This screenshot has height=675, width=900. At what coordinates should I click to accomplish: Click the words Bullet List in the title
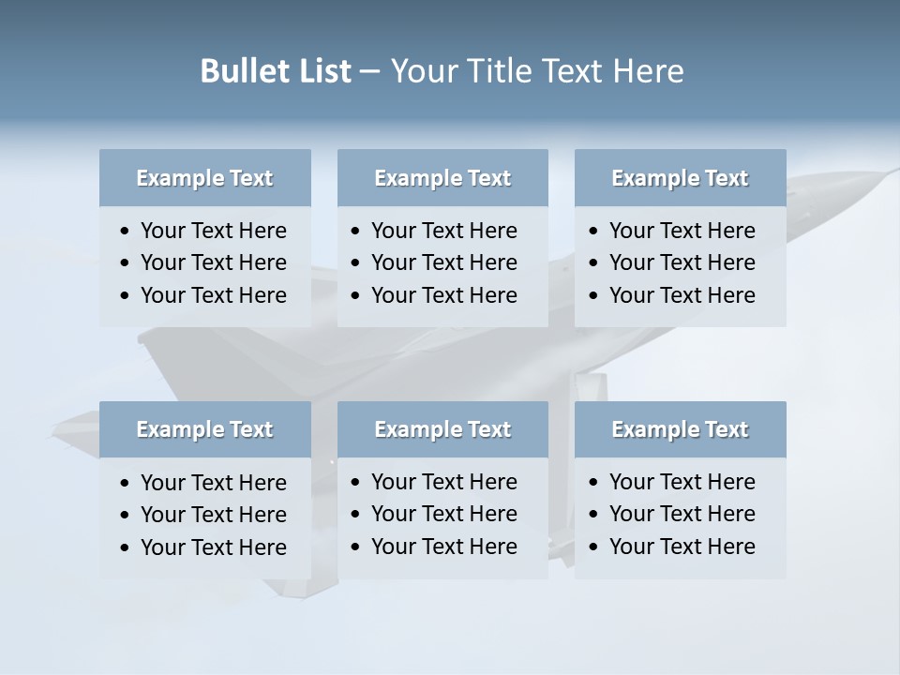click(x=276, y=71)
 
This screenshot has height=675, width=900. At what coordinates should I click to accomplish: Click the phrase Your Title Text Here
click(x=537, y=71)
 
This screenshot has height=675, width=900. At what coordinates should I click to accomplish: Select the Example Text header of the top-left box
click(x=204, y=178)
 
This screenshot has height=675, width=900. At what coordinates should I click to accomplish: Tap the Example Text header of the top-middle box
click(x=442, y=178)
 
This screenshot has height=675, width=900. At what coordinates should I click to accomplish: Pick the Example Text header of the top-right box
click(x=680, y=178)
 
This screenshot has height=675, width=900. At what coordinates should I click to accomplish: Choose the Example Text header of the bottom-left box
click(x=204, y=429)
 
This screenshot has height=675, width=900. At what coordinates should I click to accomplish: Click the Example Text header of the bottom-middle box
click(x=442, y=429)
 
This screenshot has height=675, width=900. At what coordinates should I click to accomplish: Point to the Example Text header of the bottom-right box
click(x=680, y=429)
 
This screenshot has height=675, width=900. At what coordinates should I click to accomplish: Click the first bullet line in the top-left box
click(x=214, y=231)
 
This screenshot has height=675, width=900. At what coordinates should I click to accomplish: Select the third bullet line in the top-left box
click(x=214, y=295)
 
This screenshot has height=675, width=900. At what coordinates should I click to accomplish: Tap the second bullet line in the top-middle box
click(x=444, y=262)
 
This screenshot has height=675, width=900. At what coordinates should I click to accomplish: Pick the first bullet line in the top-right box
click(x=682, y=231)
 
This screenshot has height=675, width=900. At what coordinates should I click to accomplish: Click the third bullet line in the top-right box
click(x=682, y=295)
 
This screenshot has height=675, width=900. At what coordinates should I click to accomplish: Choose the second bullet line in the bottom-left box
click(x=214, y=515)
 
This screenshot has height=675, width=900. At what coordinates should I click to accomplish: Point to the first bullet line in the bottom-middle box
click(x=444, y=482)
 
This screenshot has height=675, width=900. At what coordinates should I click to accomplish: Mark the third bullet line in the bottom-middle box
click(x=444, y=547)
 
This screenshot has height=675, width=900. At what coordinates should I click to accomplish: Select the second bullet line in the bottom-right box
click(x=682, y=514)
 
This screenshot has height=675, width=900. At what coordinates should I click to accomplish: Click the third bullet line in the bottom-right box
click(x=682, y=547)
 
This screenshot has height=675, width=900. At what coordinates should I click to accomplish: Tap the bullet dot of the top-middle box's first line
click(x=355, y=232)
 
